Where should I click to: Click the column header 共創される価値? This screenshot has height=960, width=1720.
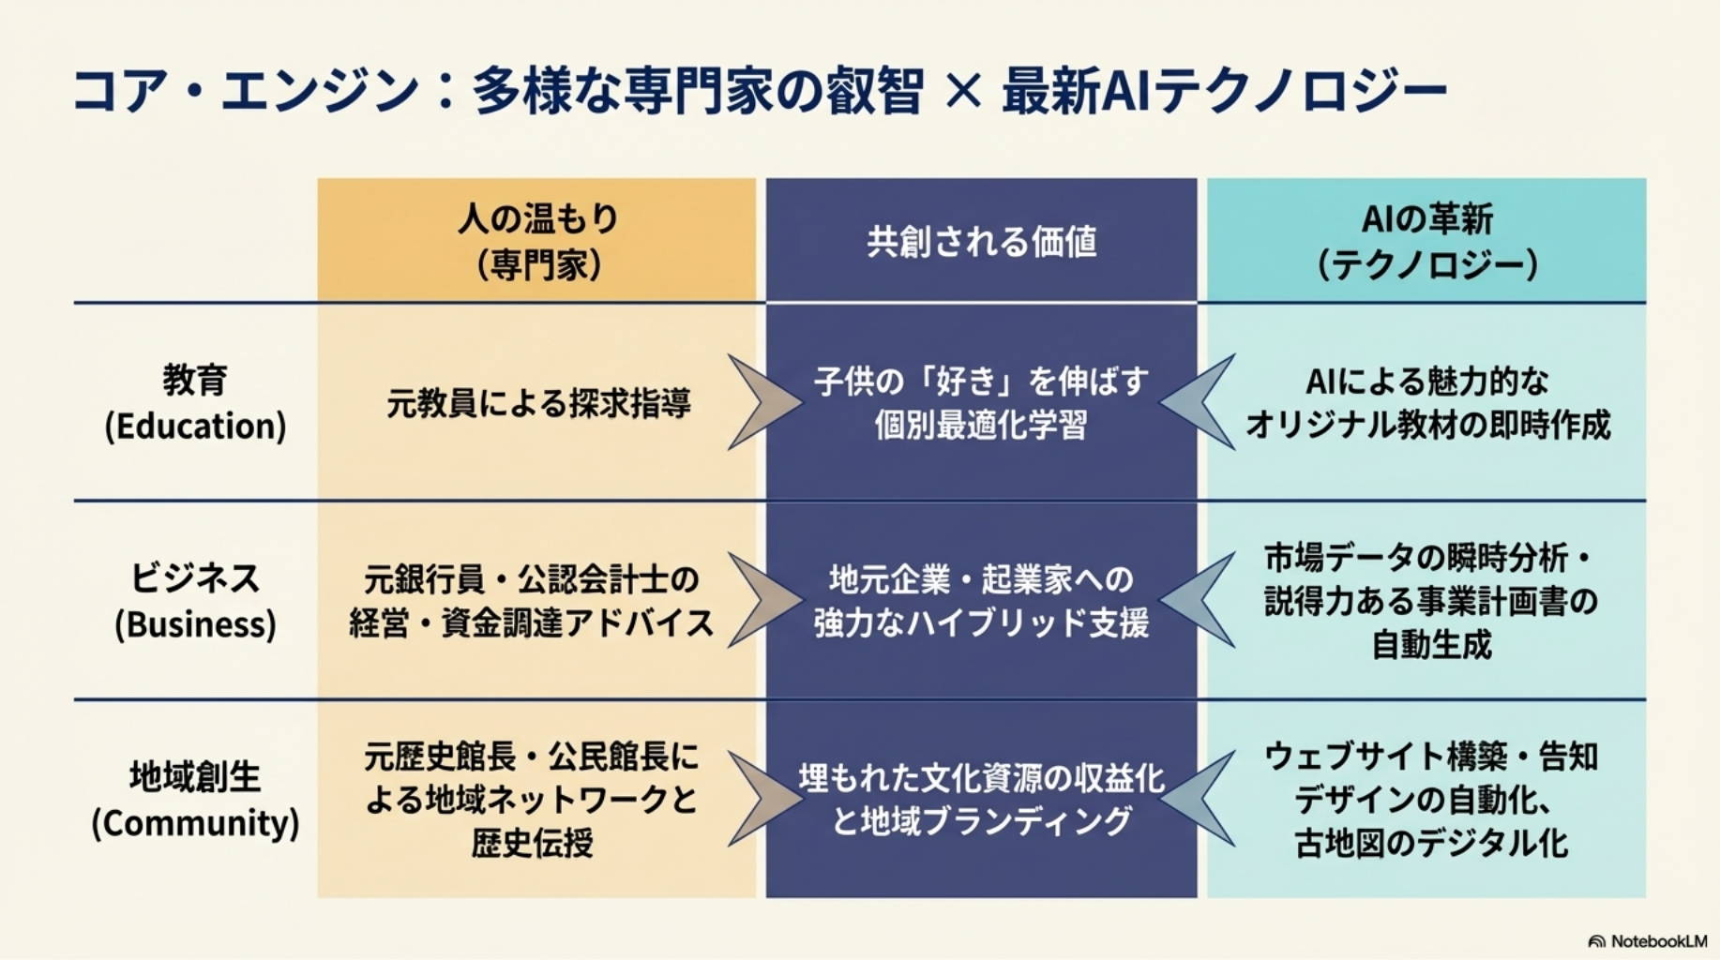981,242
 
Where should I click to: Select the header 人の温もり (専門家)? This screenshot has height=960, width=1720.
537,241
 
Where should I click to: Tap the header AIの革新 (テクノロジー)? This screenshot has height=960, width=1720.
1426,241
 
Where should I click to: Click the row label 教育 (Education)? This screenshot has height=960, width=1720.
195,403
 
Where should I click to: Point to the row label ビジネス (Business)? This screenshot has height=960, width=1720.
195,601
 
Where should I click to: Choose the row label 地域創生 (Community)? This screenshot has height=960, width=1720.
195,800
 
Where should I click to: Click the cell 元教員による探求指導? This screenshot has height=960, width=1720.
537,404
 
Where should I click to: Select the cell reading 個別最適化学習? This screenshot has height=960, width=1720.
981,425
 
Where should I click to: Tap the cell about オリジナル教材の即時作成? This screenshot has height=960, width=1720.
1426,425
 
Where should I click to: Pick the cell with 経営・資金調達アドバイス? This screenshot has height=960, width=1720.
532,622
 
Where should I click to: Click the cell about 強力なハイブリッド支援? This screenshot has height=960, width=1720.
981,622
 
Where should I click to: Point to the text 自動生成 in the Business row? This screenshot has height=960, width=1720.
1430,645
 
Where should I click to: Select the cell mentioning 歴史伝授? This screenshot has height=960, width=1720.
532,843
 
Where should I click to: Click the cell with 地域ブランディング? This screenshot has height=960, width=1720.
981,821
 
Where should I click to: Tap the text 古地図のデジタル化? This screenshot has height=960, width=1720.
1430,843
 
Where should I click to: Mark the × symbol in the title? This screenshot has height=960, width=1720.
962,92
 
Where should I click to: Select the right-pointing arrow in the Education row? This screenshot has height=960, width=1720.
761,403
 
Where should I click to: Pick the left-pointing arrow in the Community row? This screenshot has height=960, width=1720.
1200,800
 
